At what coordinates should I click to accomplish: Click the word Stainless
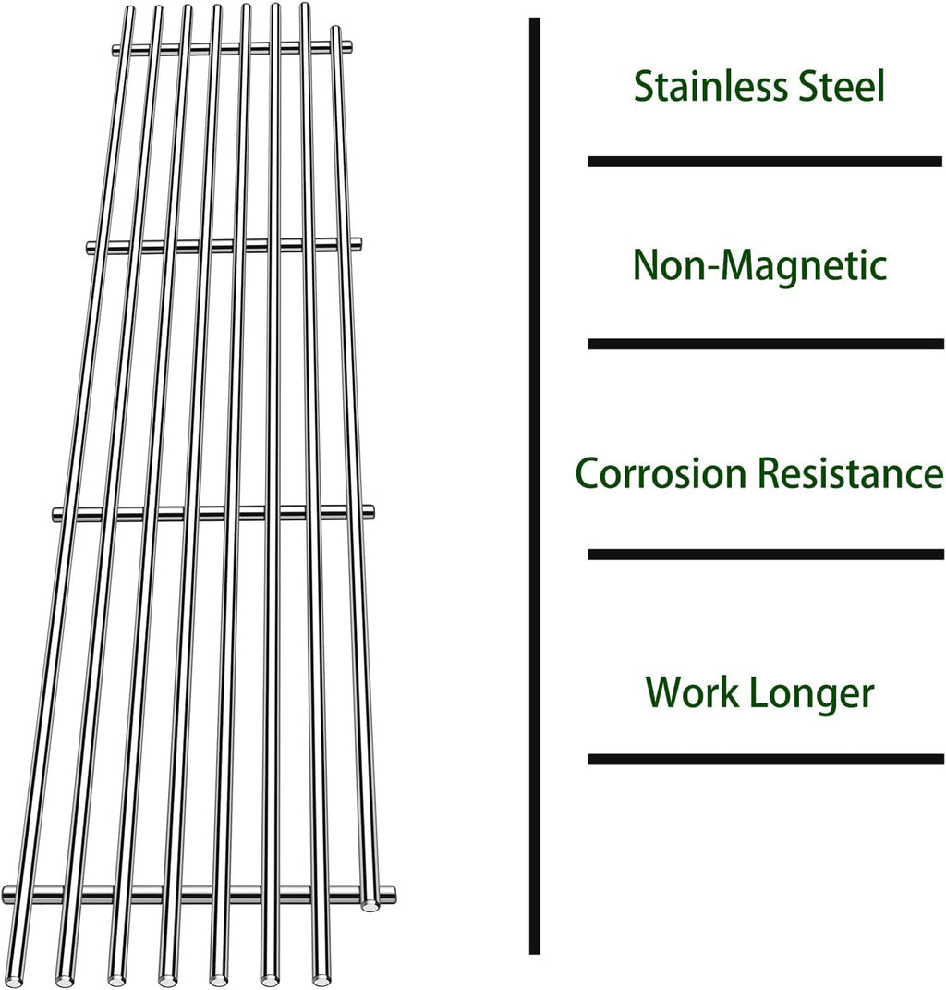(x=700, y=87)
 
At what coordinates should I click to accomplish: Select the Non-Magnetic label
(x=759, y=266)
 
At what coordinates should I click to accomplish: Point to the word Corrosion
(x=660, y=474)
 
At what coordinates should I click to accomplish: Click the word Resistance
(x=850, y=474)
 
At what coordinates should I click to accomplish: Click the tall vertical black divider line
(x=534, y=485)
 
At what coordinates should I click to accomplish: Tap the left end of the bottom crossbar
(x=8, y=893)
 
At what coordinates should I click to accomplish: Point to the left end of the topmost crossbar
(x=116, y=50)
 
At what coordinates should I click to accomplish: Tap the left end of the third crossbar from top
(x=57, y=514)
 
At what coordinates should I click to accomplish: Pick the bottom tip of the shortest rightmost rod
(x=370, y=905)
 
